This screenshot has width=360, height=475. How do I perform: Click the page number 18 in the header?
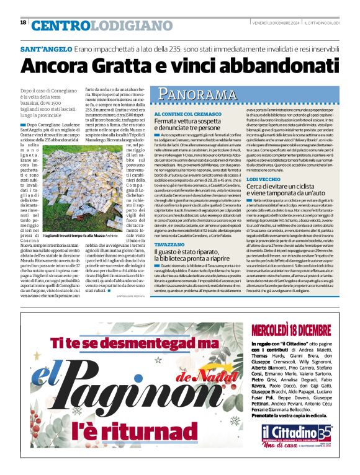pos(23,23)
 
